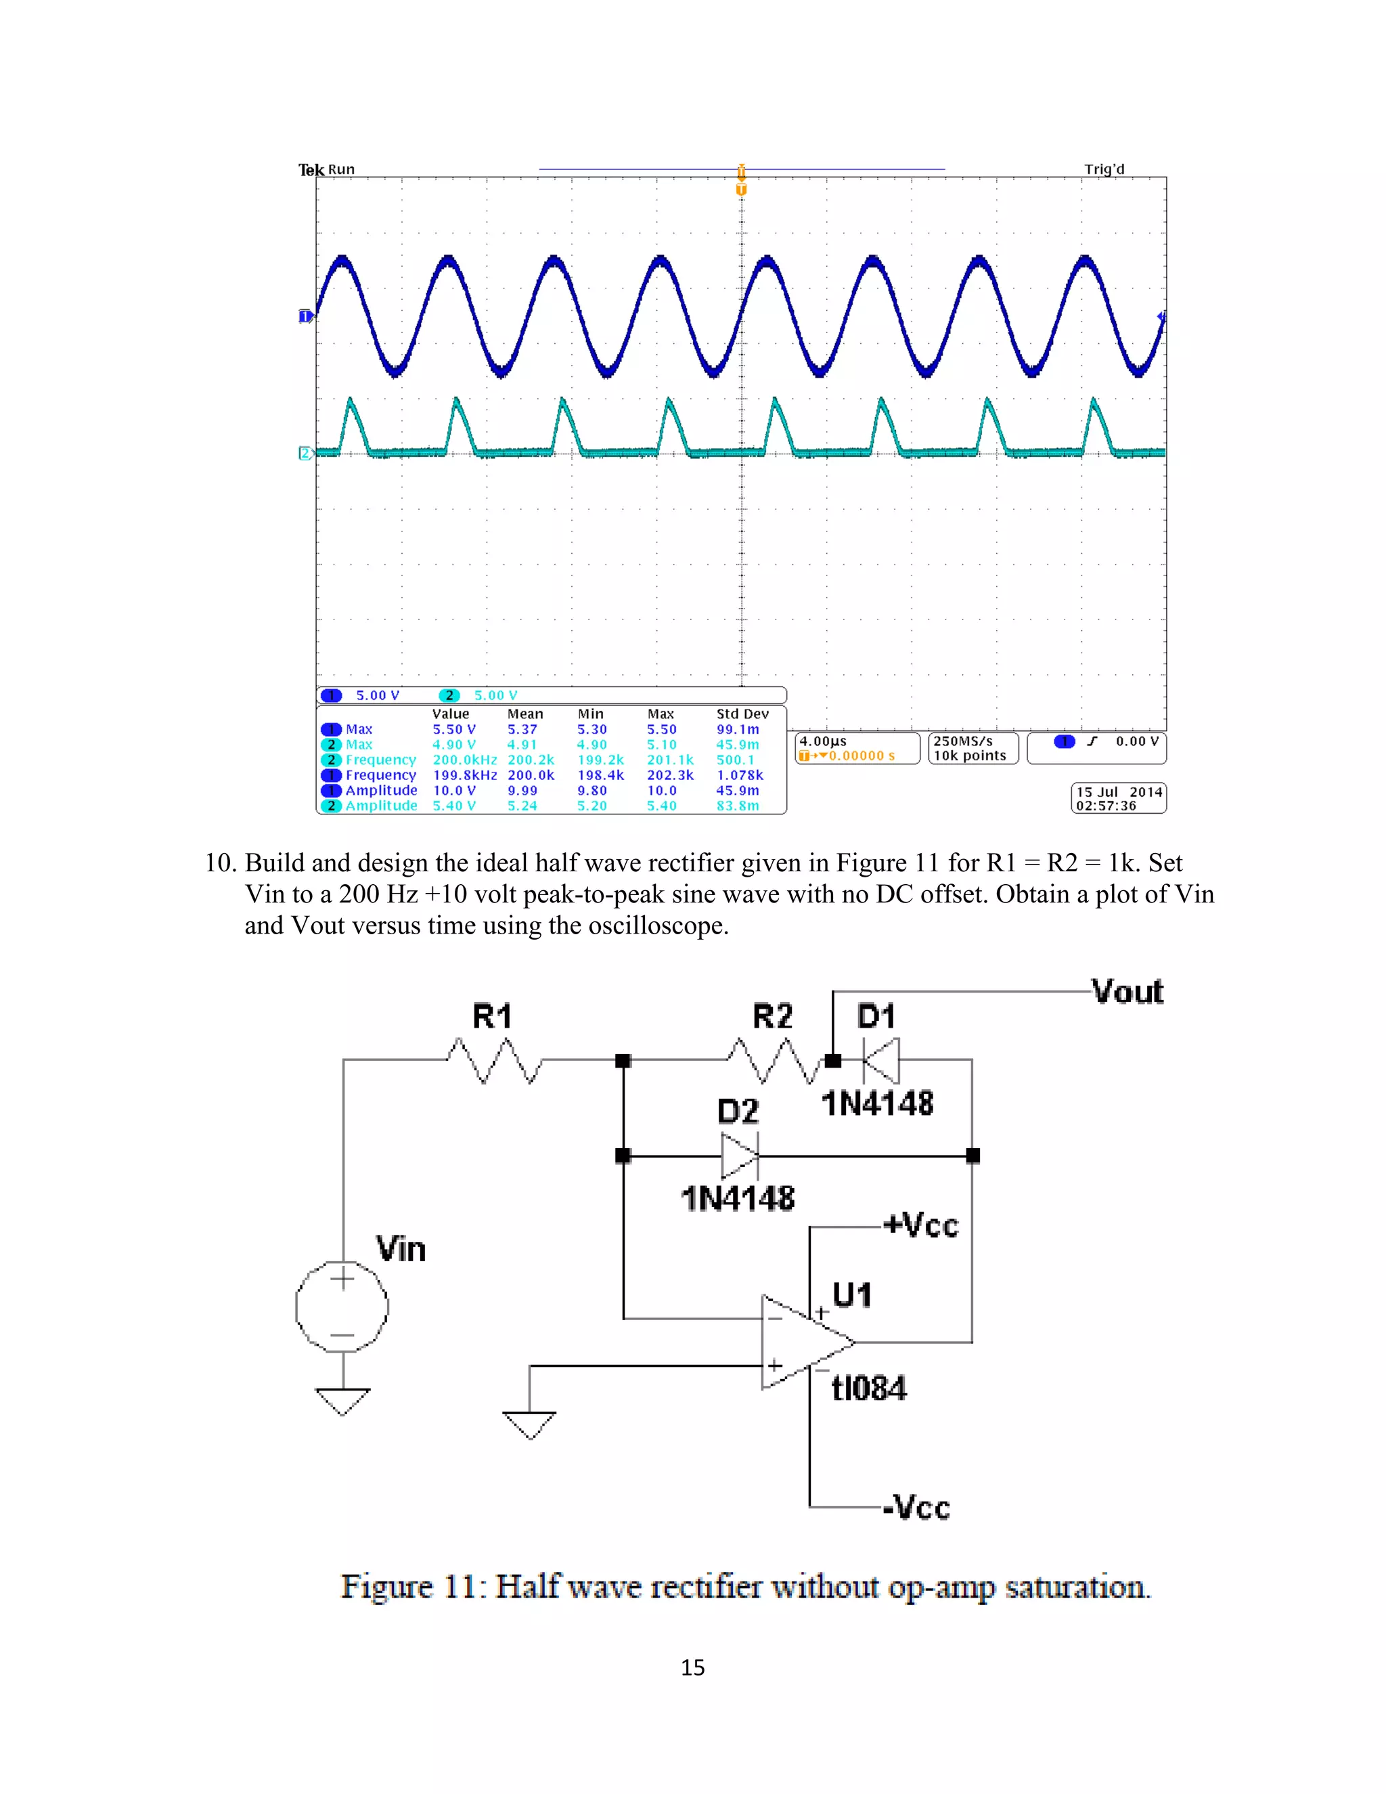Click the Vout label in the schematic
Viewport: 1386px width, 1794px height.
1127,992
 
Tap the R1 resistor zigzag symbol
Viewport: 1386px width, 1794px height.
493,1059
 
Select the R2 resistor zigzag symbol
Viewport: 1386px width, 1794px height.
774,1059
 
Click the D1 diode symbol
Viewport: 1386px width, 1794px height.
881,1060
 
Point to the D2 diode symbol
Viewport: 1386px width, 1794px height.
740,1156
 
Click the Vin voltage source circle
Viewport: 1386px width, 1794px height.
342,1306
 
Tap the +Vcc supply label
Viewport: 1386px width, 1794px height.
921,1225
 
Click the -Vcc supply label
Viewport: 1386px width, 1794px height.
917,1508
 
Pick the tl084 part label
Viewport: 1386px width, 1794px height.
869,1388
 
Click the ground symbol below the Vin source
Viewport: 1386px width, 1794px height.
342,1401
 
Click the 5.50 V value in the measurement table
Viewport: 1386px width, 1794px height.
454,729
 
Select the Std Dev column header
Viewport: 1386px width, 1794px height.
742,714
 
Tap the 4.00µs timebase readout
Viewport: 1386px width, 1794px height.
823,741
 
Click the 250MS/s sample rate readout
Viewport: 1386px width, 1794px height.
962,741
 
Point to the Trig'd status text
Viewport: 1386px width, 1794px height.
1104,169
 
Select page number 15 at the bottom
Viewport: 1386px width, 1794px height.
692,1667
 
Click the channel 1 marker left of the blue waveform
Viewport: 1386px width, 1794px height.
305,316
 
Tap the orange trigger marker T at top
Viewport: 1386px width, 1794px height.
742,190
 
